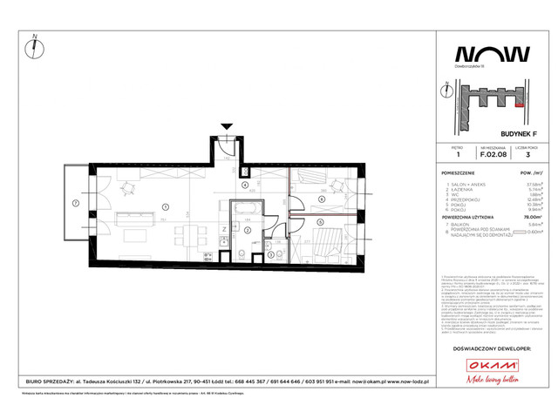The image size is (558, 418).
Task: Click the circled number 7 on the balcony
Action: point(76,204)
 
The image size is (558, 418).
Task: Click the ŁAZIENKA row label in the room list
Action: point(459,190)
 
